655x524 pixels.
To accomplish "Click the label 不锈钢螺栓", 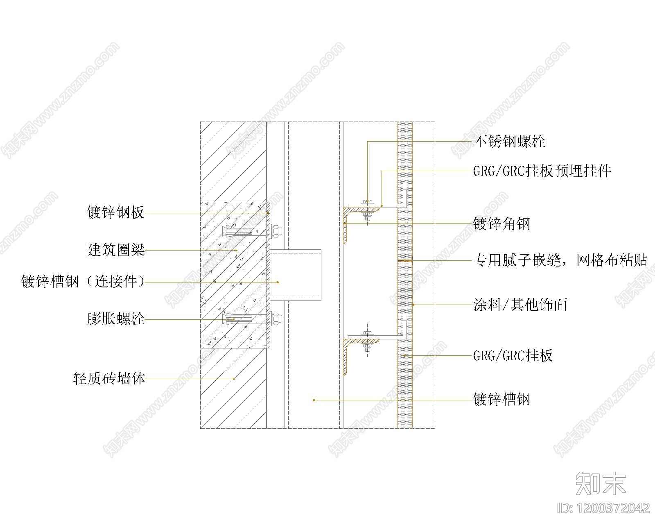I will pos(509,142).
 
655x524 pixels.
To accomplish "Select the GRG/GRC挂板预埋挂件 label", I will pos(542,171).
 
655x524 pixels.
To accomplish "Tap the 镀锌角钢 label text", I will pos(501,224).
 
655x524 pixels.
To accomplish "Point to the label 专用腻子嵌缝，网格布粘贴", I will pos(560,260).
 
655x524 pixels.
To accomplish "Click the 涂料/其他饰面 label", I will pos(520,305).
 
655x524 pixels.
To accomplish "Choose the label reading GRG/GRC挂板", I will pos(513,355).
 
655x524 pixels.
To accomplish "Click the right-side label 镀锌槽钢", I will pos(501,399).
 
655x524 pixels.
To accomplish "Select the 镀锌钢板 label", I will pos(115,212).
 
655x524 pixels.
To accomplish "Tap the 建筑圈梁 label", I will pos(116,250).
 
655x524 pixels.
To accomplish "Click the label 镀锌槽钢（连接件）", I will pos(83,282).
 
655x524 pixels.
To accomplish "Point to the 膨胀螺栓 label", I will pos(116,318).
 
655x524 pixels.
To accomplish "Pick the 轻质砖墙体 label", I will pos(109,378).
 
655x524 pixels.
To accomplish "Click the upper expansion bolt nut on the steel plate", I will pos(276,231).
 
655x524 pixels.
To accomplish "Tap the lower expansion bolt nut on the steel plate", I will pos(276,318).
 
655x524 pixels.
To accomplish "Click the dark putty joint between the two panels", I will pos(405,260).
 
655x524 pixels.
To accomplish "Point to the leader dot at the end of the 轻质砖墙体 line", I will pos(234,379).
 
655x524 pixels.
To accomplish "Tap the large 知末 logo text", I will pos(601,483).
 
